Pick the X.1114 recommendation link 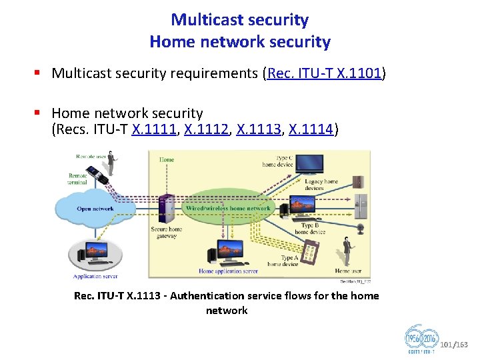click(309, 129)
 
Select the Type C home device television click(309, 163)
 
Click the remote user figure click(111, 162)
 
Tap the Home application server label click(228, 271)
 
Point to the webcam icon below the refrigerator click(361, 227)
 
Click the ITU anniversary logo click(421, 339)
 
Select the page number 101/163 click(455, 345)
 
